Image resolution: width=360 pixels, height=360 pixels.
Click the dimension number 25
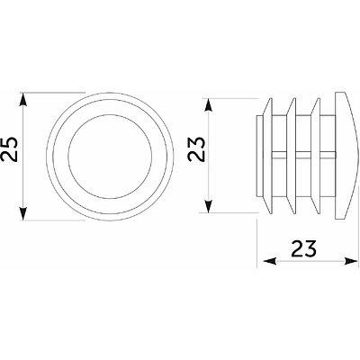point(10,149)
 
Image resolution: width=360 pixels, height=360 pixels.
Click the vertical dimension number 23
point(196,149)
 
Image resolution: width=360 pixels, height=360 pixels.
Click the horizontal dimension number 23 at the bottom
point(303,248)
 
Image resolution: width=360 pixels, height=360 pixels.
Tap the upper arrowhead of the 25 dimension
point(23,100)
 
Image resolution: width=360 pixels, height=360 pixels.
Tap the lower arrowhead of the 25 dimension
point(23,213)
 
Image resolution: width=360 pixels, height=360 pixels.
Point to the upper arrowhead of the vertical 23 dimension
point(209,105)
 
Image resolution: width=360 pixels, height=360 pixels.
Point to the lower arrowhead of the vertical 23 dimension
point(209,206)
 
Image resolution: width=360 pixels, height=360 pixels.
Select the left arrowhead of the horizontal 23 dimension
point(270,261)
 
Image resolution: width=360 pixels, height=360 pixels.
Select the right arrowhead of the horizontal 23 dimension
point(351,261)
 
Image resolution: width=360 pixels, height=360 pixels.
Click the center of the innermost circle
point(110,157)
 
